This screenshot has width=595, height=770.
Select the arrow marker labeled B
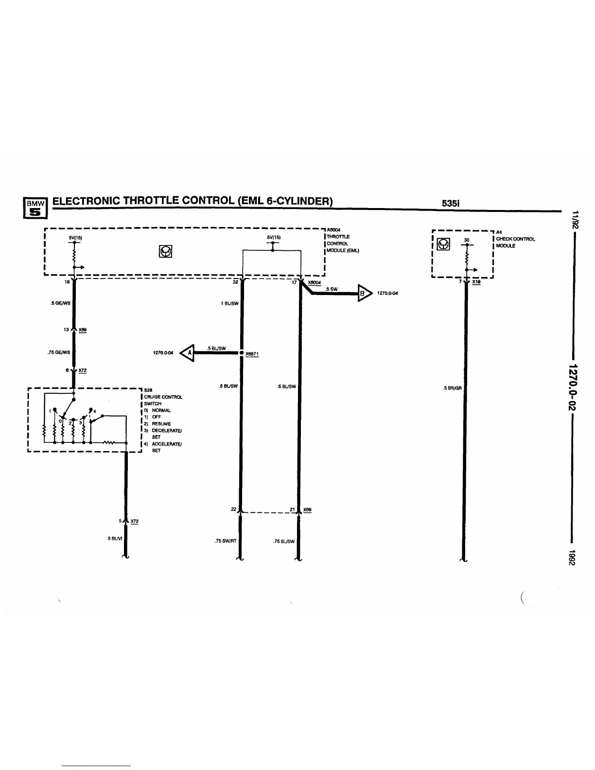[364, 293]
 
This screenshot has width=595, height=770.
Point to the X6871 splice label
[252, 354]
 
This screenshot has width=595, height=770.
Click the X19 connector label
[476, 282]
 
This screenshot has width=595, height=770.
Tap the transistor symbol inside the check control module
[443, 244]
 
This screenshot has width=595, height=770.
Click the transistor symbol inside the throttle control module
[166, 251]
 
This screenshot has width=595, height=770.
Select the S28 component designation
[148, 390]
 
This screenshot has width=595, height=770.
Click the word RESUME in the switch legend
[161, 424]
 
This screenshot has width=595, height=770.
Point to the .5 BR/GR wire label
[452, 388]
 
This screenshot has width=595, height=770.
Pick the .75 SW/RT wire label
[225, 541]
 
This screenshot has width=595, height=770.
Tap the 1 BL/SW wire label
[230, 303]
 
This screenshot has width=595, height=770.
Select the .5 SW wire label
[332, 289]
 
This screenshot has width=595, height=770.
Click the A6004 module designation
[333, 230]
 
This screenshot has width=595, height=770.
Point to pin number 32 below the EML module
[235, 282]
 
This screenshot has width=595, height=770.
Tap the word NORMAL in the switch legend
[161, 410]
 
